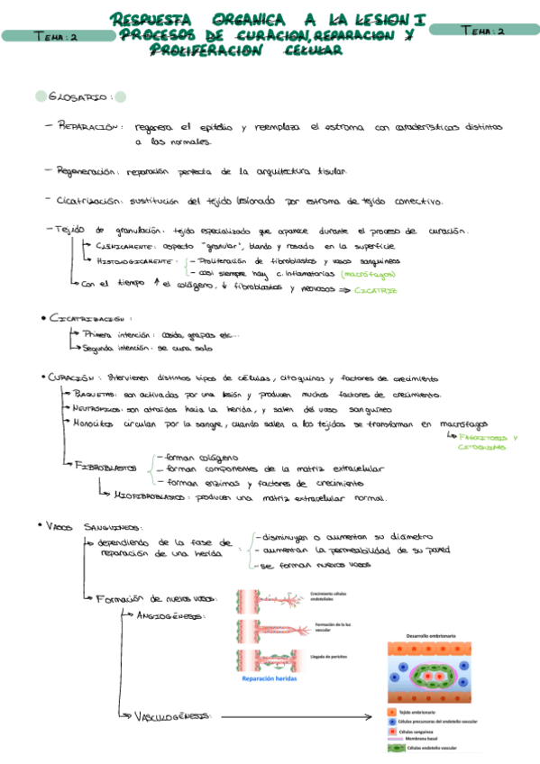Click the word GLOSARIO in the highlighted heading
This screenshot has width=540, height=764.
79,97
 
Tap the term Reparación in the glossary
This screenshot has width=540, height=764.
87,128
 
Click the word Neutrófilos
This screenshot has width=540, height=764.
98,409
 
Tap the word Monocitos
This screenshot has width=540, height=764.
96,423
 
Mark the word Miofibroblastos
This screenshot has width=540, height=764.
148,497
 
